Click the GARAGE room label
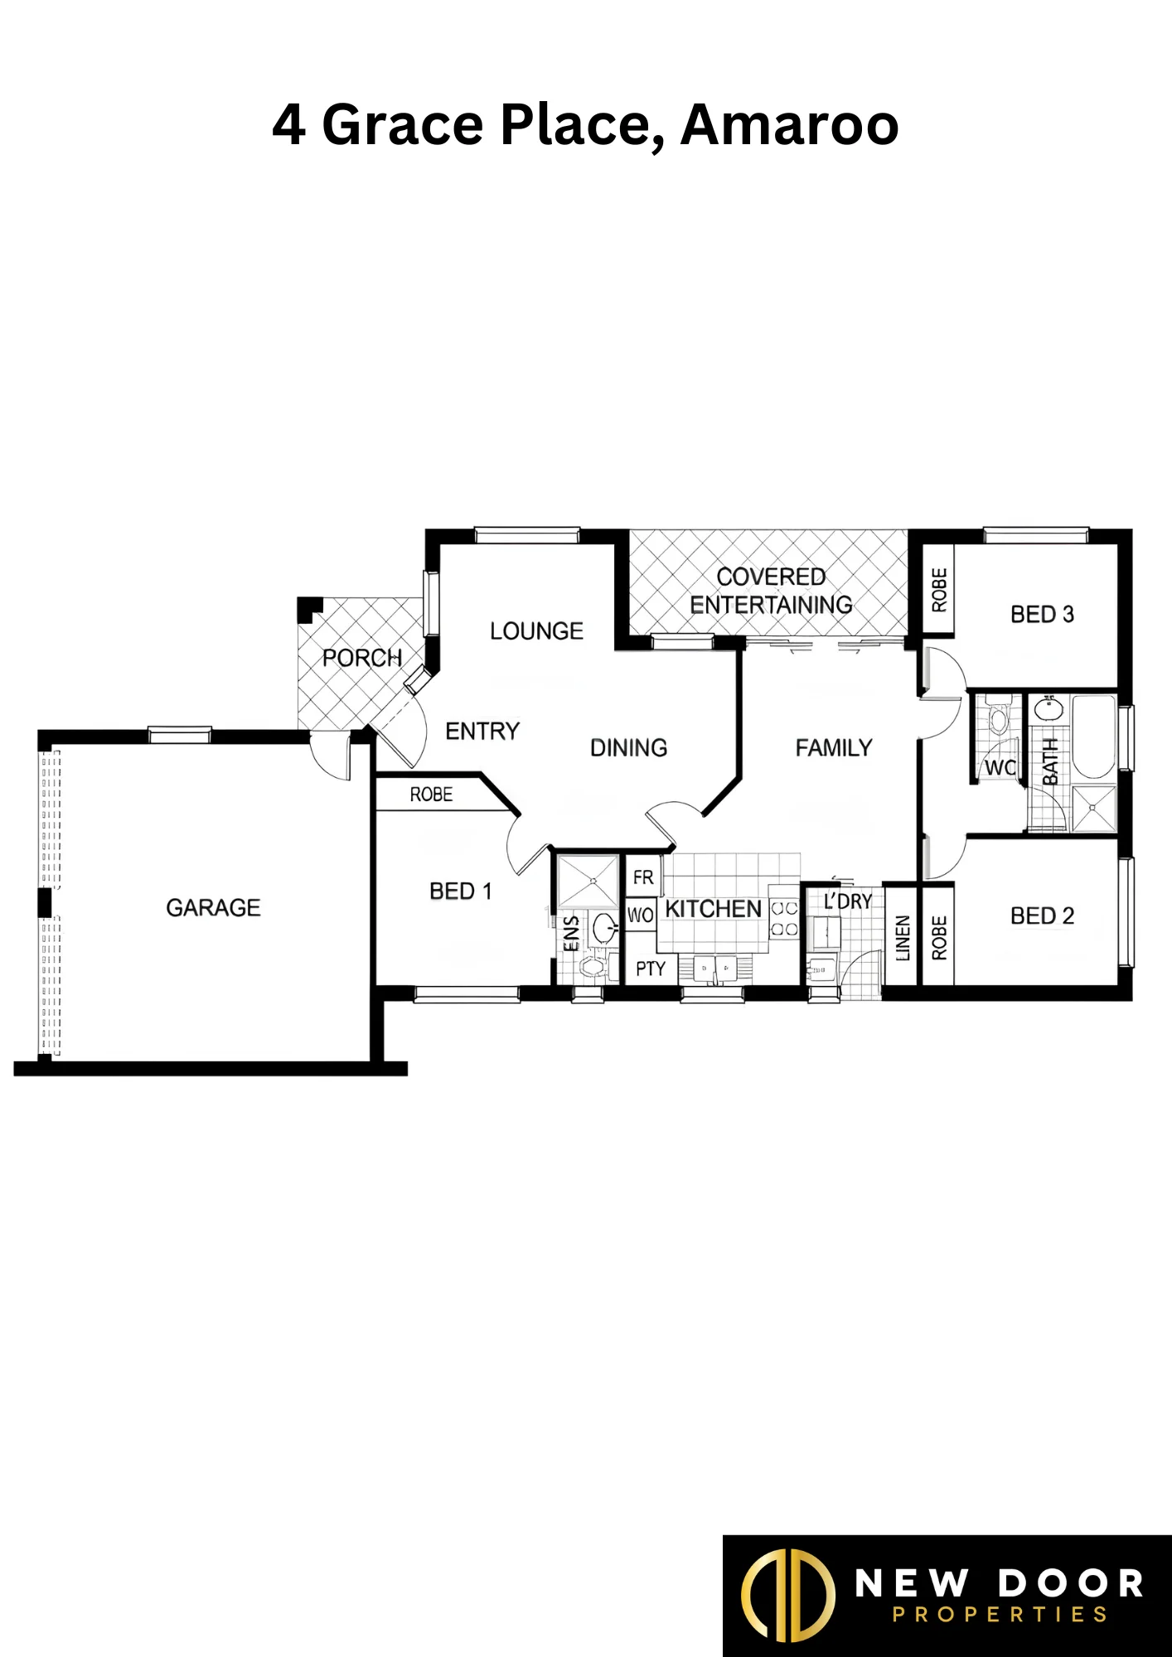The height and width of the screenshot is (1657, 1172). point(213,908)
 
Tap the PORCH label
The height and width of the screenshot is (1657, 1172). point(362,658)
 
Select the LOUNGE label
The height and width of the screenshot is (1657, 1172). point(536,631)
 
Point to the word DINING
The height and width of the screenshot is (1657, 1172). point(628,748)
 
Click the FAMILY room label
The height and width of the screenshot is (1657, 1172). point(834,748)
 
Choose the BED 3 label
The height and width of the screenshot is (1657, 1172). point(1042,615)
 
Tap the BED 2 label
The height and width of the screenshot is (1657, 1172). point(1042,916)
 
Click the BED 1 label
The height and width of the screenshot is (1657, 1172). point(461,891)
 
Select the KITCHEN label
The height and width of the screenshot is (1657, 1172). point(713,909)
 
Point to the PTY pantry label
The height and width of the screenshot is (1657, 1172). point(651,969)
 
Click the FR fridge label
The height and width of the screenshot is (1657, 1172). point(643,877)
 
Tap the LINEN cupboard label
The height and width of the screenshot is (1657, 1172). point(903,938)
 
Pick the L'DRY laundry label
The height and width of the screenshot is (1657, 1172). point(847,901)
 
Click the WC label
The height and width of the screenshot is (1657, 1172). point(1000,768)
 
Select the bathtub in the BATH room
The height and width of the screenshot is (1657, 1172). point(1094,737)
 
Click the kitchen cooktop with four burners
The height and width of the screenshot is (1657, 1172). point(784,919)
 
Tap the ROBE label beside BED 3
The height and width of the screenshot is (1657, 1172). point(939,590)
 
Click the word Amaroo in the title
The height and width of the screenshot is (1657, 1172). point(790,125)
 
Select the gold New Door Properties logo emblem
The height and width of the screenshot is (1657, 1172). point(787,1595)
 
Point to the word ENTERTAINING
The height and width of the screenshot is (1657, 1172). point(771,605)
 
